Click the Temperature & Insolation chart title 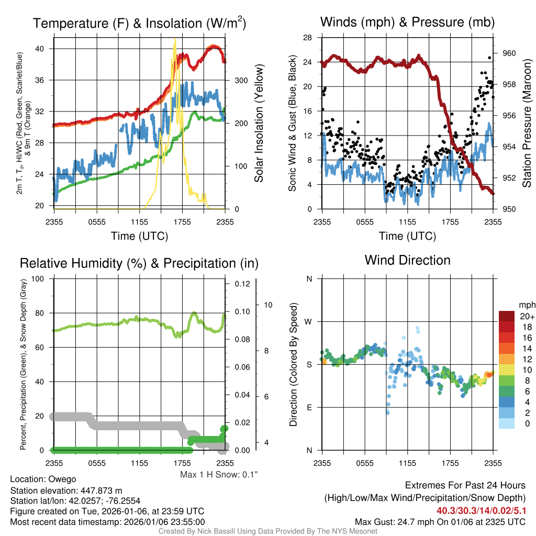(x=139, y=24)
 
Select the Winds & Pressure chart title (x=407, y=23)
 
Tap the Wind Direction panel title (x=407, y=260)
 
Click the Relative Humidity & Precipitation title (x=139, y=263)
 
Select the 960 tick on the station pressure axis (x=509, y=53)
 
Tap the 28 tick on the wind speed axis (x=308, y=38)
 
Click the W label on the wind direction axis (x=309, y=321)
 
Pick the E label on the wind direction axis (x=309, y=407)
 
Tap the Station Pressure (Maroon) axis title (x=527, y=124)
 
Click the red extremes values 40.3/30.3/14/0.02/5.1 (x=481, y=510)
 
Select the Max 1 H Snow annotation (x=219, y=475)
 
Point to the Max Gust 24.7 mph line (x=440, y=521)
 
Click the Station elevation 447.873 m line (x=66, y=490)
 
